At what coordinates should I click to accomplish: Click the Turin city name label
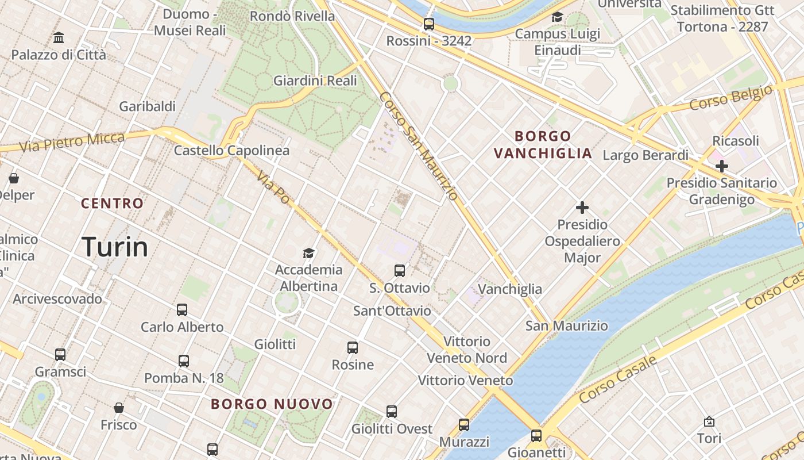click(x=115, y=247)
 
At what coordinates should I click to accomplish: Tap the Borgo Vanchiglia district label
click(x=543, y=145)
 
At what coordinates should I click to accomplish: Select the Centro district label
click(x=112, y=204)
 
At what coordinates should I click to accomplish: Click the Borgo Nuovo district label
click(x=272, y=404)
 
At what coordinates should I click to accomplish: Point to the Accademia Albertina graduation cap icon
click(x=309, y=253)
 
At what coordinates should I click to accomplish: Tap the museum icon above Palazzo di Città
click(x=59, y=38)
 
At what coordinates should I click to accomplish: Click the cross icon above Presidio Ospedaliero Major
click(x=582, y=207)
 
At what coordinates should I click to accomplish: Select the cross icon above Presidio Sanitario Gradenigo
click(x=722, y=166)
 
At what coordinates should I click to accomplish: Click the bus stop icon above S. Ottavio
click(x=400, y=271)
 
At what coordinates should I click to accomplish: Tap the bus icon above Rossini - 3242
click(x=429, y=24)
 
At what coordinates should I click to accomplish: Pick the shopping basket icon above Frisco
click(x=119, y=408)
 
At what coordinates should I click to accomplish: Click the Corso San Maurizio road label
click(x=419, y=146)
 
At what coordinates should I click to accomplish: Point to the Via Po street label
click(x=273, y=186)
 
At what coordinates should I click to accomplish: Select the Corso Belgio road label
click(x=730, y=98)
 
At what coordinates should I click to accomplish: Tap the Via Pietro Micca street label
click(x=72, y=142)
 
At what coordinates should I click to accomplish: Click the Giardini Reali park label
click(x=315, y=81)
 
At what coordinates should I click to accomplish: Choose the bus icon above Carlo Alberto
click(x=182, y=310)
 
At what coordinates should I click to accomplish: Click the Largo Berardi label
click(x=645, y=155)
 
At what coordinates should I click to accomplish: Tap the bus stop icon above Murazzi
click(x=464, y=425)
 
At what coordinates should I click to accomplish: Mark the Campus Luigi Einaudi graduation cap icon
click(x=557, y=17)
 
